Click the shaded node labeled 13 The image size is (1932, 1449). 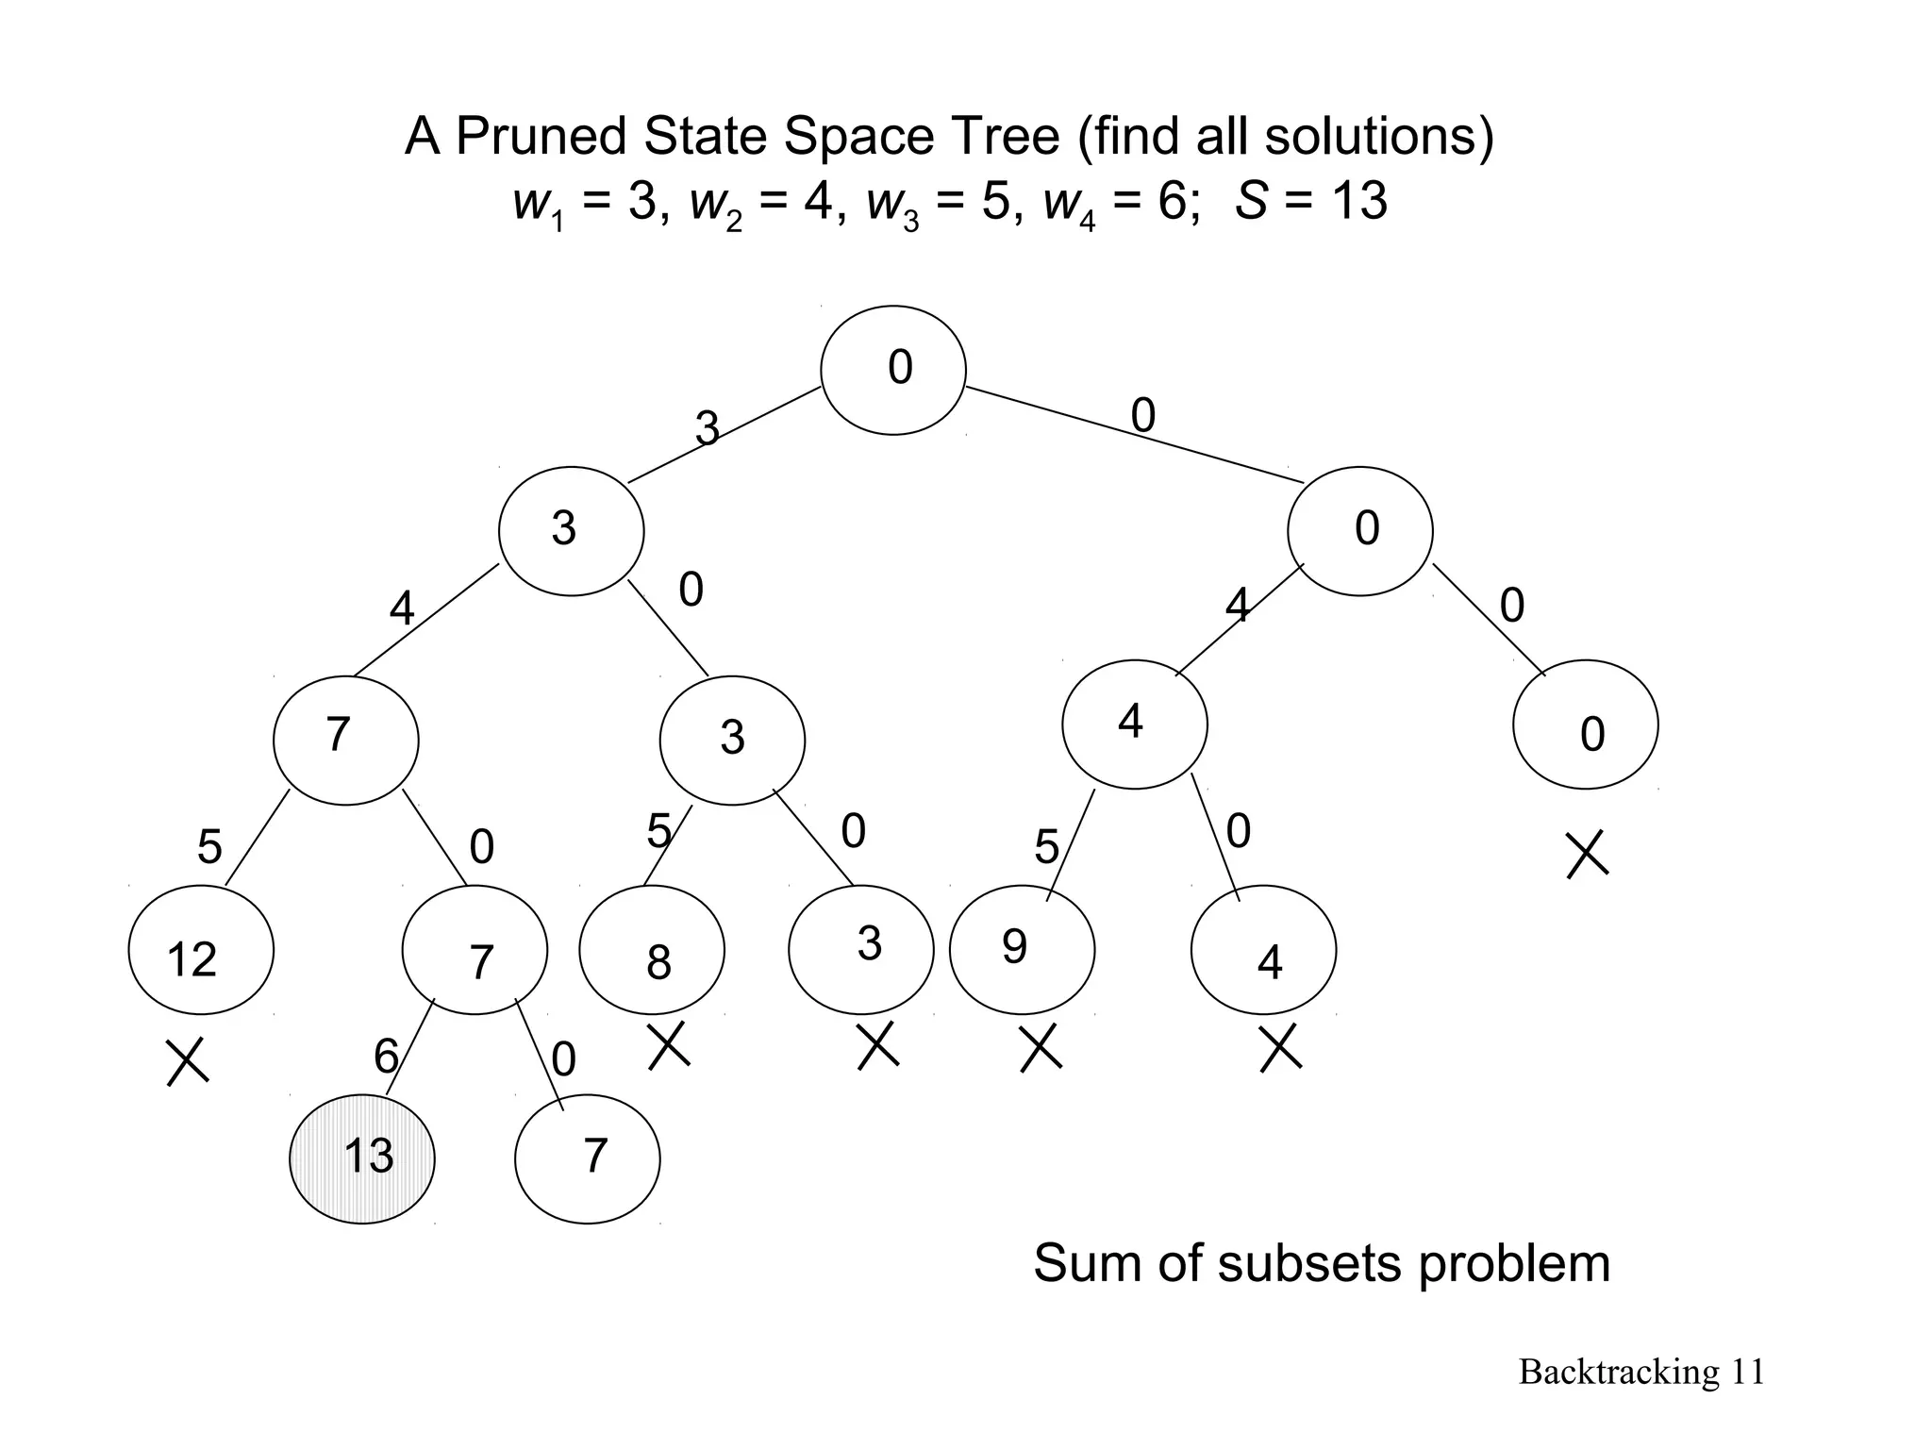pos(362,1158)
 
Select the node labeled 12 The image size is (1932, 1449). pos(201,950)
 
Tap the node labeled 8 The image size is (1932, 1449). pos(652,951)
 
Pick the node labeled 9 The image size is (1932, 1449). pos(1022,950)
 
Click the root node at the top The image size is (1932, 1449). pos(893,370)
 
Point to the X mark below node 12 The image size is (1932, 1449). pos(188,1062)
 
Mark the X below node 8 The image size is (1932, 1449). pos(669,1046)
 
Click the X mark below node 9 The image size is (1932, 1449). pos(1041,1049)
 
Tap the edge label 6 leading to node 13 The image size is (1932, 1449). pos(386,1056)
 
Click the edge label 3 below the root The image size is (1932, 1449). pos(708,429)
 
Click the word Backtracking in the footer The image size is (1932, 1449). pos(1619,1372)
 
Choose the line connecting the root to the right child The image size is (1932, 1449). pos(1132,434)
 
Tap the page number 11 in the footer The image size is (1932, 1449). pos(1748,1372)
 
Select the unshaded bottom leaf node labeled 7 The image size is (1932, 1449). pos(588,1158)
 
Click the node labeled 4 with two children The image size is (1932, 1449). pos(1135,724)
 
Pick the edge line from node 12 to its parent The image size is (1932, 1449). pos(257,838)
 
